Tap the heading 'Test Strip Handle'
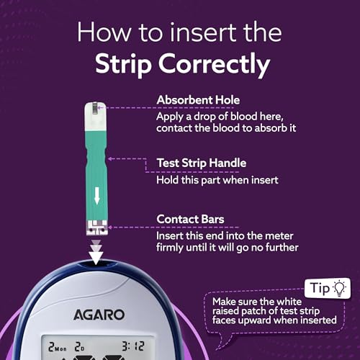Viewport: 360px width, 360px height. coord(203,163)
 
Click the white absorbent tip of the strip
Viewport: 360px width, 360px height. coord(96,114)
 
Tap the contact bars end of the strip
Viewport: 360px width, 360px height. coord(96,228)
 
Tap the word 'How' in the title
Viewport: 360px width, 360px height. coord(101,32)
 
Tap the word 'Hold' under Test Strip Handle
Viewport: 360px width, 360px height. coord(169,179)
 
